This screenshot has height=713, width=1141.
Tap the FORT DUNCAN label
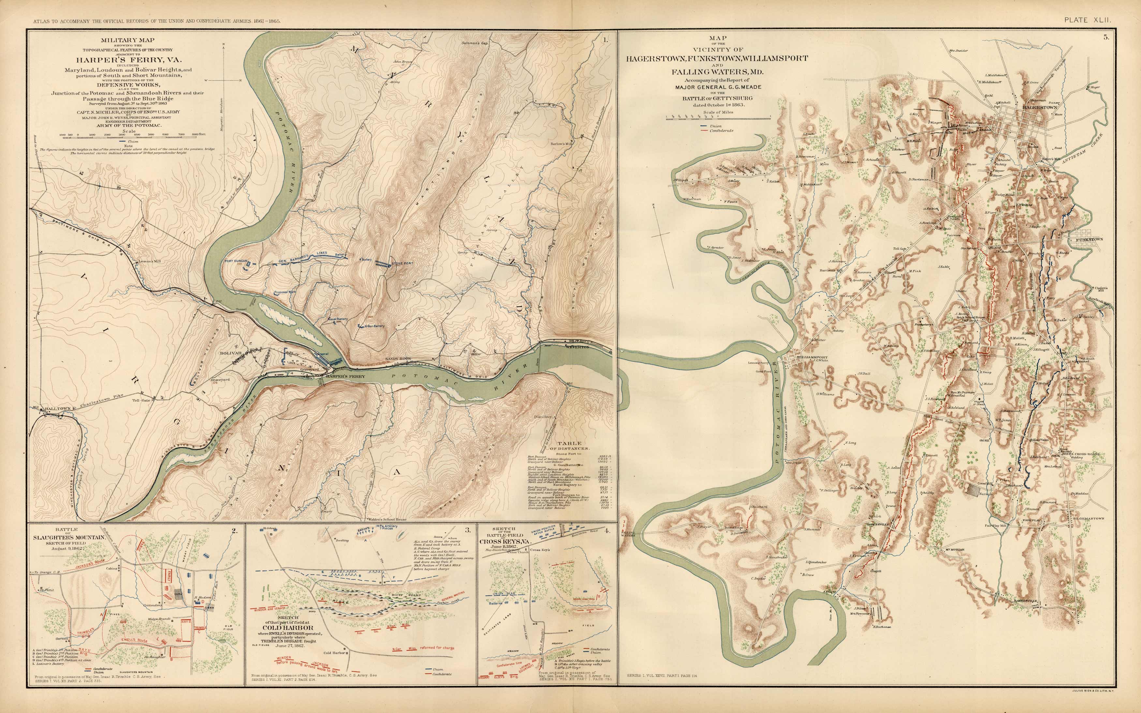[236, 261]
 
